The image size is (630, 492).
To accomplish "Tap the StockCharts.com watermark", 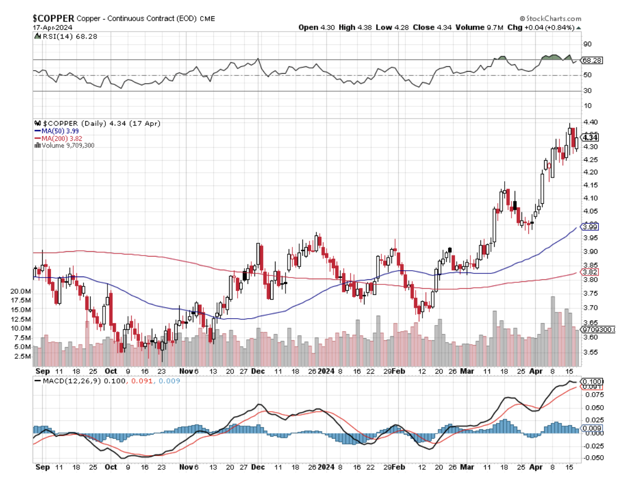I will pyautogui.click(x=554, y=18).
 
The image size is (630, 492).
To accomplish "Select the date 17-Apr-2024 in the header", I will pyautogui.click(x=52, y=27).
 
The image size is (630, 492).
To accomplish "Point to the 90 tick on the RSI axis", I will pyautogui.click(x=586, y=44).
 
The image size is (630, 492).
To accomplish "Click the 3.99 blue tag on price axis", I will pyautogui.click(x=587, y=227).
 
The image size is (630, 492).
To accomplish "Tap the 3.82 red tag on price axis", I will pyautogui.click(x=587, y=272).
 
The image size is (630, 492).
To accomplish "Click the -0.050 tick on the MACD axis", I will pyautogui.click(x=590, y=457).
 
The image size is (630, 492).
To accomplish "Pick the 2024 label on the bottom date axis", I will pyautogui.click(x=327, y=467).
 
